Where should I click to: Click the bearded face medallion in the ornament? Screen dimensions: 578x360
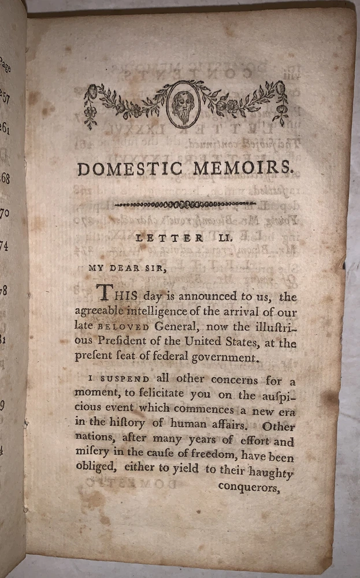[x=183, y=104]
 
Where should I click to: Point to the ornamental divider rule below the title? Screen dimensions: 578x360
[x=185, y=203]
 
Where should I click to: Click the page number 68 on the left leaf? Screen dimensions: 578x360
[x=5, y=177]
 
